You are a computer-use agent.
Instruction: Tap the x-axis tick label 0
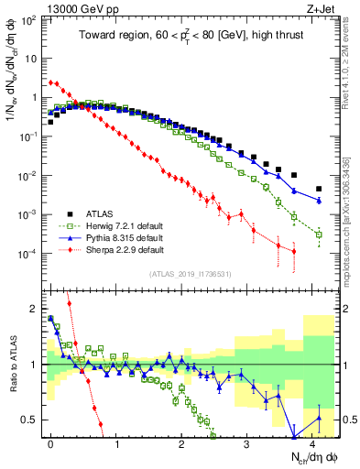[50, 442]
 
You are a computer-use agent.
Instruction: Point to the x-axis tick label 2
[181, 442]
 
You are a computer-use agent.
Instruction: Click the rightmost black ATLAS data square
[319, 190]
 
